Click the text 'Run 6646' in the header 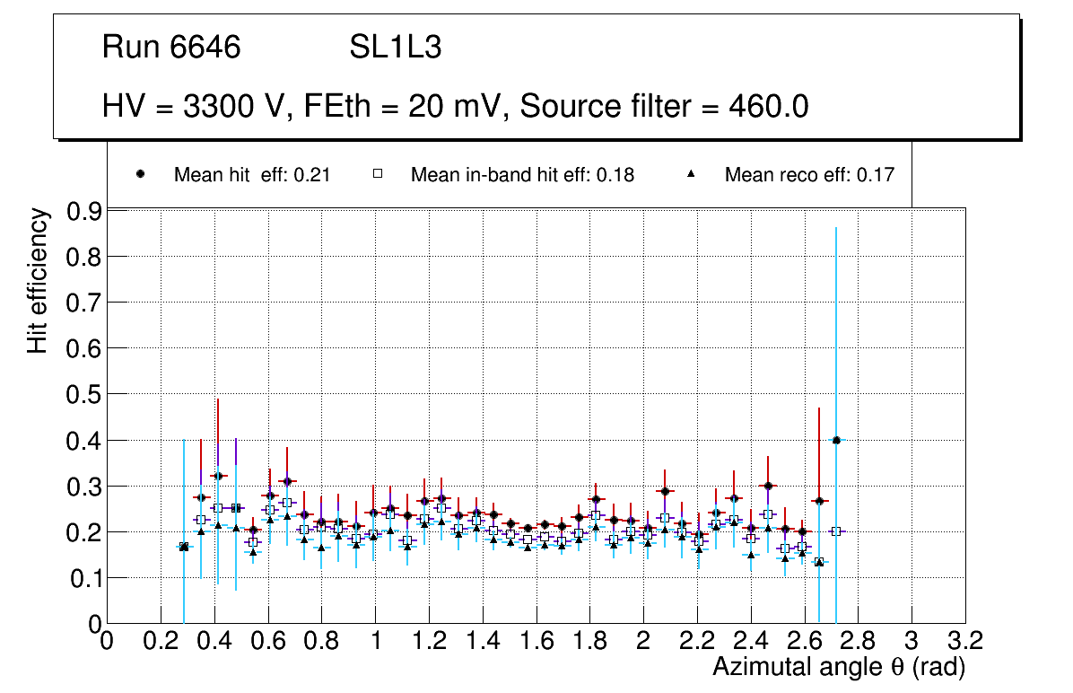pos(171,48)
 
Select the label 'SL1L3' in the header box pos(395,48)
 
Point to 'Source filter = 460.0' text pos(665,107)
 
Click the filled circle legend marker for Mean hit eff pos(140,175)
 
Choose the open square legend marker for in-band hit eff pos(378,175)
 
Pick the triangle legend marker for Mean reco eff pos(692,175)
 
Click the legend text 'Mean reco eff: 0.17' pos(809,175)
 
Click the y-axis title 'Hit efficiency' pos(38,280)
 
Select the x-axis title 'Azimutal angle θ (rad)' pos(839,667)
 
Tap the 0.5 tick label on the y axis pos(83,394)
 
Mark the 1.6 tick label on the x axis pos(536,641)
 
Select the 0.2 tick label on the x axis pos(161,641)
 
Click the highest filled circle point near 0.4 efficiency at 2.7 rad pos(836,440)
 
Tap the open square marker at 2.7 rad pos(835,531)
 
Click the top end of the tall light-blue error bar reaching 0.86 pos(836,228)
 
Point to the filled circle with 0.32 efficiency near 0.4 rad pos(218,475)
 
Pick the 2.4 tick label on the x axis pos(751,641)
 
